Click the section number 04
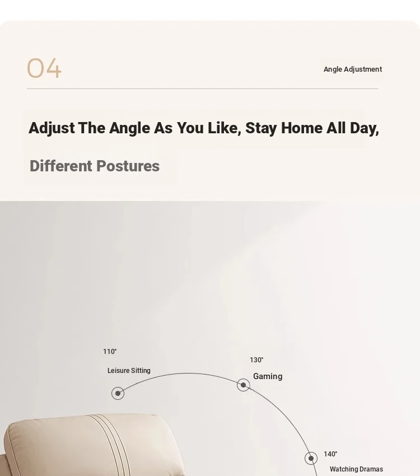coord(44,68)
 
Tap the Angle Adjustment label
coord(353,69)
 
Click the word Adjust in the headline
coord(52,128)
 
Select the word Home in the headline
coord(302,128)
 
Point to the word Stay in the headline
coord(262,128)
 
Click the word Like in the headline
coord(224,128)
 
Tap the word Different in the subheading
coord(60,166)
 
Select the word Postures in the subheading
coord(128,166)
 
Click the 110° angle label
coord(110,352)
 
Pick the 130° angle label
coord(256,360)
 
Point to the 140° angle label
coord(330,454)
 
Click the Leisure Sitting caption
coord(129,371)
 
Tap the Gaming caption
coord(268,376)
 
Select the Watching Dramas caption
coord(356,469)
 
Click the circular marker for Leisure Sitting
coord(118,394)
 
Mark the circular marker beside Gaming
coord(244,385)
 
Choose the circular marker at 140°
coord(311,459)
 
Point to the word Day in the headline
coord(365,128)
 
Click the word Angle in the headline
coord(129,128)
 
